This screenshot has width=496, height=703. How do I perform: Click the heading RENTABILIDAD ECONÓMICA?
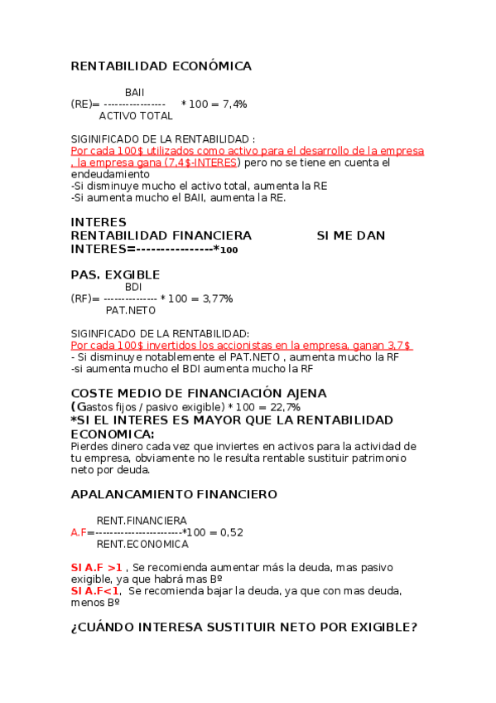pyautogui.click(x=161, y=66)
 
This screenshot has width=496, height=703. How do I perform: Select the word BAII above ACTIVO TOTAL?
pyautogui.click(x=134, y=92)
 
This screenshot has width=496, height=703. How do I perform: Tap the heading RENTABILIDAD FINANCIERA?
pyautogui.click(x=161, y=236)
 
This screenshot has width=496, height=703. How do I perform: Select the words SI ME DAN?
pyautogui.click(x=351, y=236)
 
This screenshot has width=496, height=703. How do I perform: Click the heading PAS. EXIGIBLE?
pyautogui.click(x=115, y=275)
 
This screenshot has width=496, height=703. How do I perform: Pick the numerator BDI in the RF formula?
pyautogui.click(x=133, y=287)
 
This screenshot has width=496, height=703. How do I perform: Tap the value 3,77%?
pyautogui.click(x=217, y=298)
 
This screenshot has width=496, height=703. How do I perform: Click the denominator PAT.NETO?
pyautogui.click(x=131, y=311)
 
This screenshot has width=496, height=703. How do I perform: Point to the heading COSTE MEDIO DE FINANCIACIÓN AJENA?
pyautogui.click(x=187, y=393)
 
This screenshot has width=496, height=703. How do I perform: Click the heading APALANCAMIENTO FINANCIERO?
pyautogui.click(x=174, y=494)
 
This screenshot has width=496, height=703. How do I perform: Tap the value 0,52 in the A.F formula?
pyautogui.click(x=231, y=532)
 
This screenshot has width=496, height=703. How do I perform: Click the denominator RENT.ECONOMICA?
pyautogui.click(x=142, y=545)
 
